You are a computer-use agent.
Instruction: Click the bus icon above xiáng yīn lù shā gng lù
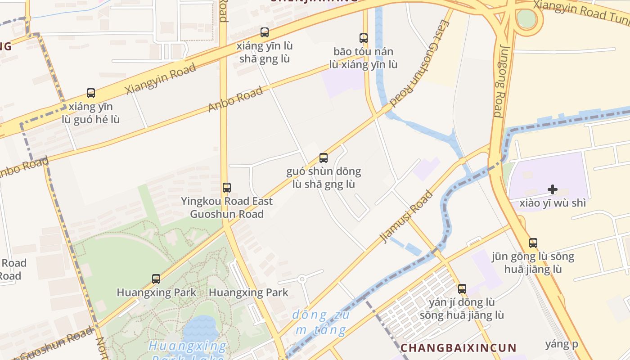tap(265, 32)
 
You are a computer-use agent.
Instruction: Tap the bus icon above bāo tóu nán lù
tap(363, 38)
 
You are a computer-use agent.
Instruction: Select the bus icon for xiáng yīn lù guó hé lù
tap(91, 93)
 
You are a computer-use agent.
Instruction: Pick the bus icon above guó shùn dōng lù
tap(324, 158)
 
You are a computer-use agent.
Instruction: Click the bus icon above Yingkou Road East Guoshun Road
tap(227, 188)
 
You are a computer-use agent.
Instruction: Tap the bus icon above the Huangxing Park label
tap(156, 279)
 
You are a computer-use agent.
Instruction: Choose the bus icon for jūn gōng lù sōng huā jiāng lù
tap(533, 243)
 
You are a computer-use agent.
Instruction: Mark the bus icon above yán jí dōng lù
tap(462, 289)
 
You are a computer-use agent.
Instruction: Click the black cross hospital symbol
tap(553, 189)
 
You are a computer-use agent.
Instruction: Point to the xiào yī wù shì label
tap(553, 203)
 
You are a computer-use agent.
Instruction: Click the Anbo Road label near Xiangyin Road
tap(236, 99)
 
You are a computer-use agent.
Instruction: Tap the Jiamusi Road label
tap(407, 216)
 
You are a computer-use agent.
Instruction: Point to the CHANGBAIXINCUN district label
tap(458, 348)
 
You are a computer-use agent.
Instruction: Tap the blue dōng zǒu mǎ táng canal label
tap(320, 322)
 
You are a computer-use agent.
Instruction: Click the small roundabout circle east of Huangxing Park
tap(302, 279)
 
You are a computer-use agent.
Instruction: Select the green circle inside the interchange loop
tap(526, 18)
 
